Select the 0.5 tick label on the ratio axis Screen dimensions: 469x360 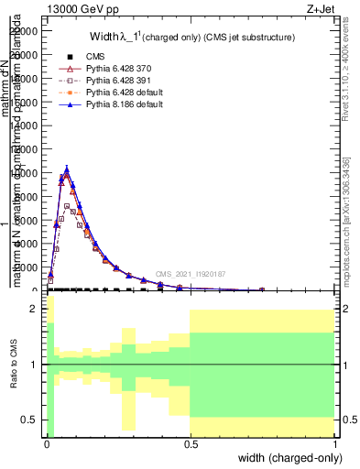tap(31, 420)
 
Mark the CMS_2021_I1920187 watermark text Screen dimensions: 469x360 tap(190, 273)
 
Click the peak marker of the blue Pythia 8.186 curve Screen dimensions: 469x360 tap(67, 169)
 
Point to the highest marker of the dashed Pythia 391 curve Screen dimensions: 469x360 tap(67, 206)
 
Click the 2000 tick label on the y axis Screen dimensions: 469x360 tap(27, 267)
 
